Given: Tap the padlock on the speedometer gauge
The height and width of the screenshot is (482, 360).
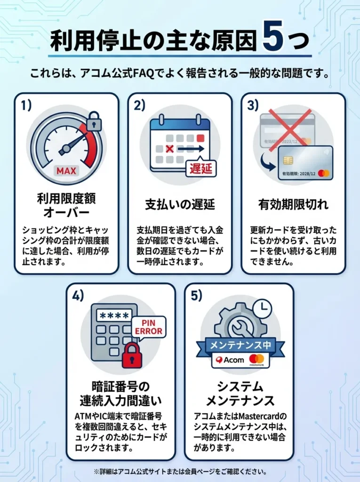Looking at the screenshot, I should pyautogui.click(x=94, y=121).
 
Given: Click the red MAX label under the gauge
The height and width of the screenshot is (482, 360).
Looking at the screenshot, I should pyautogui.click(x=66, y=170).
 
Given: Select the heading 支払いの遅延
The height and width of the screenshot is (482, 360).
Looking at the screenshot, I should pyautogui.click(x=179, y=204).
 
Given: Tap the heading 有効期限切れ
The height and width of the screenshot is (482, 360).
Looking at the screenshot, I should pyautogui.click(x=293, y=204).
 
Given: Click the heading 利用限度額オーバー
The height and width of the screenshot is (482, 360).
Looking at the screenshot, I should pyautogui.click(x=66, y=204).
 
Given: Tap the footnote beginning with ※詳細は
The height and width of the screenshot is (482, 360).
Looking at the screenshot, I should pyautogui.click(x=180, y=471).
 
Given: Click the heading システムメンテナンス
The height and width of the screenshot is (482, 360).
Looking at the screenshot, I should pyautogui.click(x=240, y=394).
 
